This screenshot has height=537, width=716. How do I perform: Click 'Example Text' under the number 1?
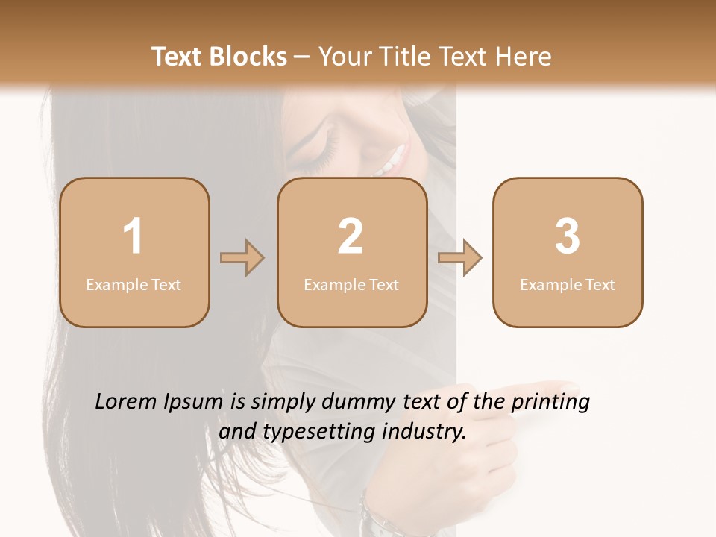coord(134,284)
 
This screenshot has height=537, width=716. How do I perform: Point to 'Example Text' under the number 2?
coord(351,284)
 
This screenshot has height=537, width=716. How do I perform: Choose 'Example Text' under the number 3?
coord(568,284)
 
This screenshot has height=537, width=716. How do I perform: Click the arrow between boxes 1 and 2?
coord(242,258)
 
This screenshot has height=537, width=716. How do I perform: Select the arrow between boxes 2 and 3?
coord(459,258)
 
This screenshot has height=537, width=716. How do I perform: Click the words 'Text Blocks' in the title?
coord(219,57)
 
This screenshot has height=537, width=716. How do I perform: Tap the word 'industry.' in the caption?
coord(427,430)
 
